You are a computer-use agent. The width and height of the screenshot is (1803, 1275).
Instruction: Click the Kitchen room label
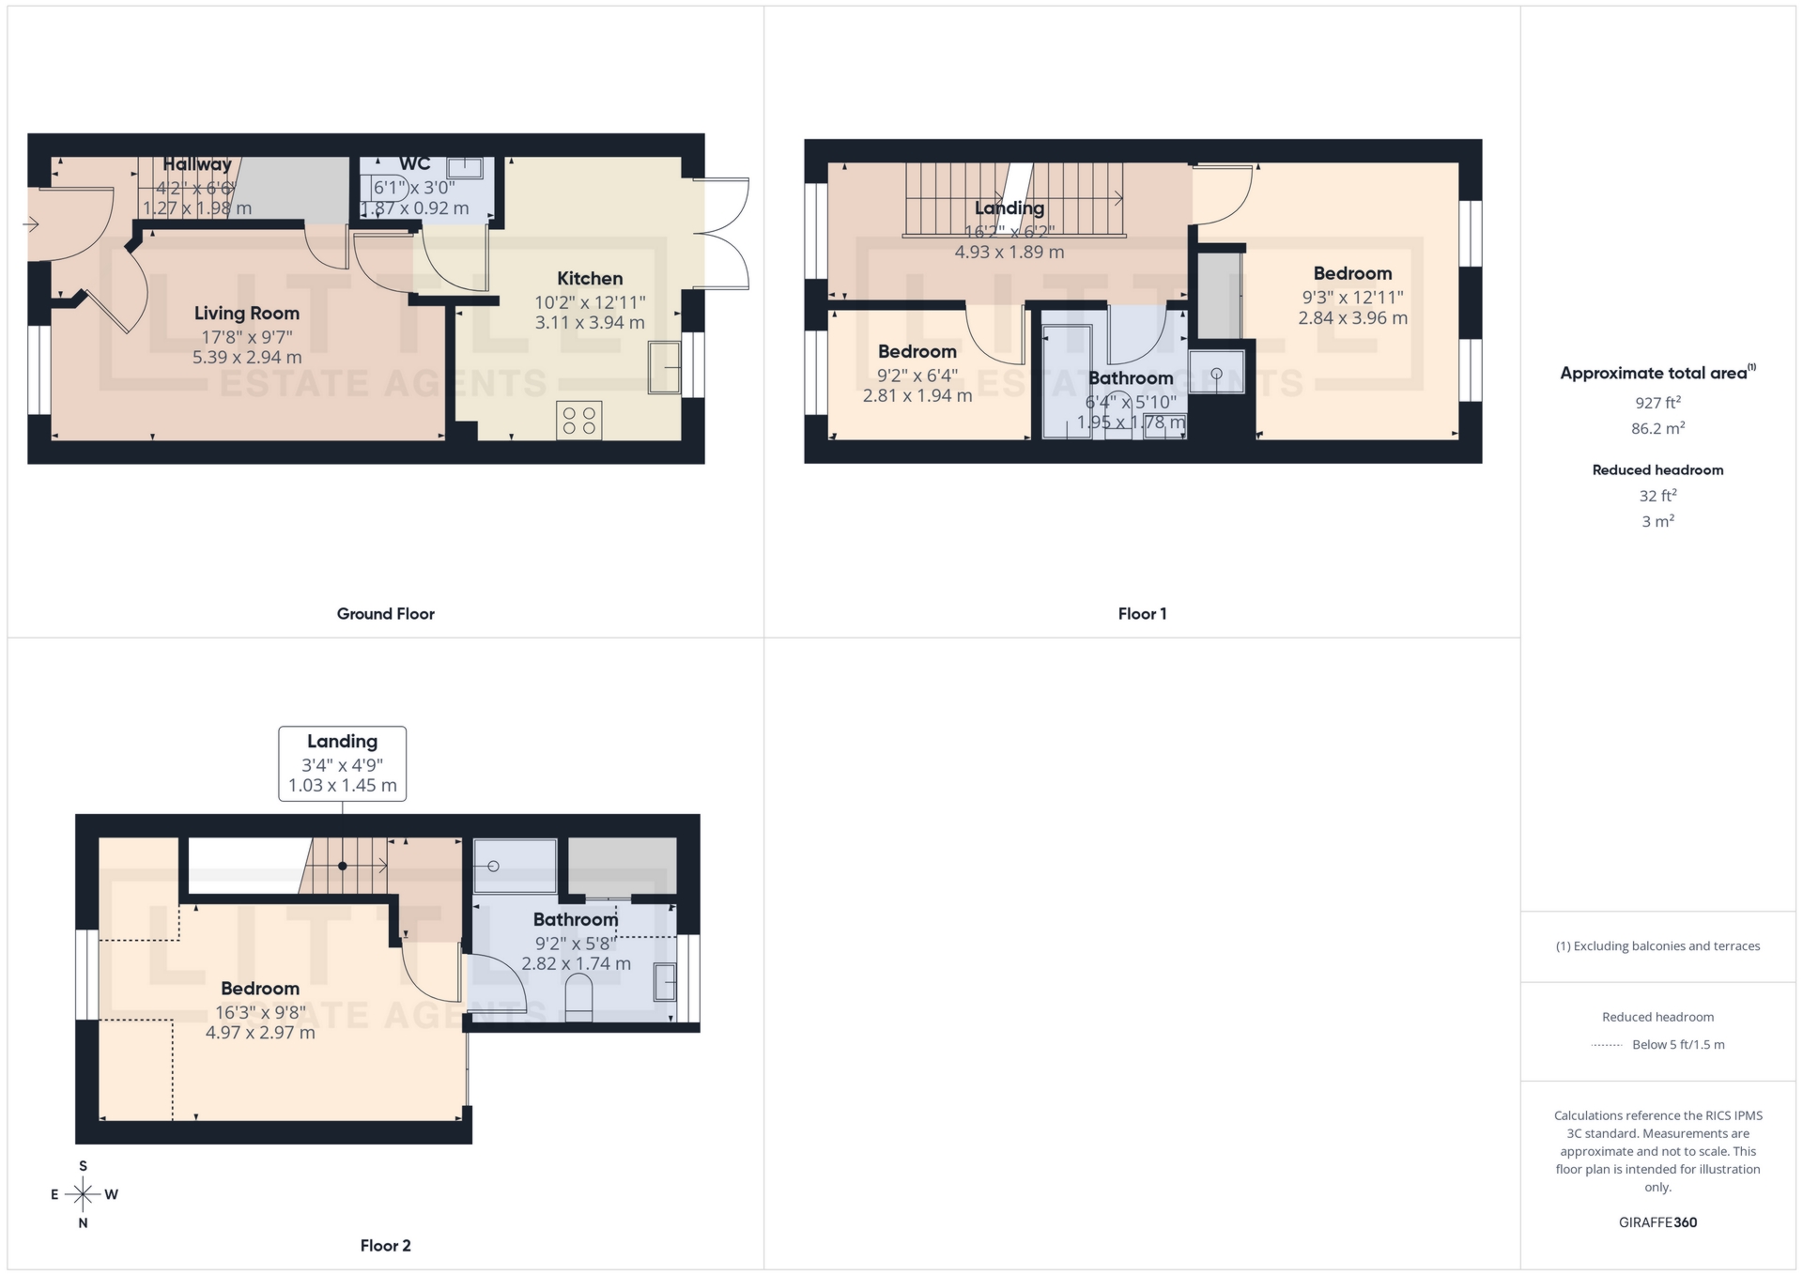point(590,279)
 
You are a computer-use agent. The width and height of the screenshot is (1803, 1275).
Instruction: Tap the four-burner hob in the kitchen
point(579,421)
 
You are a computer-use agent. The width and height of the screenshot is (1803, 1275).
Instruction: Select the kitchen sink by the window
point(664,368)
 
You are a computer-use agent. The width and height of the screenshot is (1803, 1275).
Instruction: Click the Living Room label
point(247,314)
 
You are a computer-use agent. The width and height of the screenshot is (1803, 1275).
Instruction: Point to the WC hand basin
point(465,168)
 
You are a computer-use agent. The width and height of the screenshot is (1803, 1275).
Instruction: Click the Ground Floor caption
point(385,614)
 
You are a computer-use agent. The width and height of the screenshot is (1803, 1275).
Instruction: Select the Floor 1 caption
point(1142,614)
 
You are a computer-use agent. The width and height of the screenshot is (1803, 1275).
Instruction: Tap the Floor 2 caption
point(385,1246)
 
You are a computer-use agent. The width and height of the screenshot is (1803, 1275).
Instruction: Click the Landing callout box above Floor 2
point(342,763)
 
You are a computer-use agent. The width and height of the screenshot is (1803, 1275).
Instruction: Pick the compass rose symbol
point(84,1194)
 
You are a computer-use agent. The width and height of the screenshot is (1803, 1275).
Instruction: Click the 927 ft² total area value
point(1657,403)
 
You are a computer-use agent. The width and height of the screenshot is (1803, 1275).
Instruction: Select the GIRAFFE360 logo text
point(1657,1222)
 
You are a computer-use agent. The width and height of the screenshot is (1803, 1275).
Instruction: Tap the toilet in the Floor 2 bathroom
point(579,998)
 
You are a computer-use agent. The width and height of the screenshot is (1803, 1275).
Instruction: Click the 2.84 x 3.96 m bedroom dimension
point(1352,318)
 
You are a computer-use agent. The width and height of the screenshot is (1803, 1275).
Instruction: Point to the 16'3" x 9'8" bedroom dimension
point(260,1012)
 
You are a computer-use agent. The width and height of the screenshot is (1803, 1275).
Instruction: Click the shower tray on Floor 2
point(515,866)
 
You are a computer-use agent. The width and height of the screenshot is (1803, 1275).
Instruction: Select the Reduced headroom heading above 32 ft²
point(1657,470)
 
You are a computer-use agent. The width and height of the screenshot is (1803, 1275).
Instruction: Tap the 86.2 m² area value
point(1657,428)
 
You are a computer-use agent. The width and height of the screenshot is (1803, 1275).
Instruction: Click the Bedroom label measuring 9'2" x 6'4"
point(917,352)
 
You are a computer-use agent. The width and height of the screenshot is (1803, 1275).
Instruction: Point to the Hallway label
point(196,165)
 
